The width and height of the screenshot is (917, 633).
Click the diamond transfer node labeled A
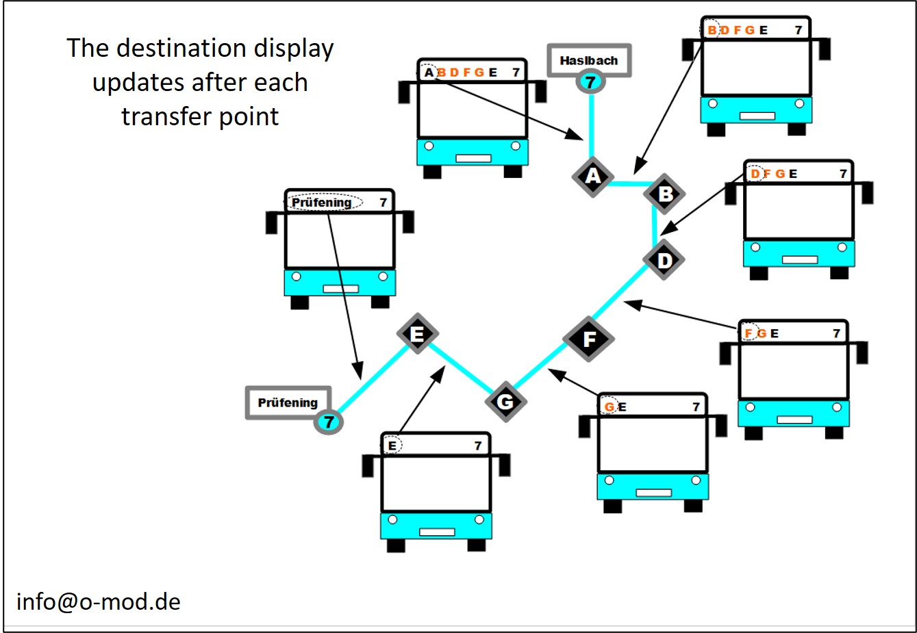593,177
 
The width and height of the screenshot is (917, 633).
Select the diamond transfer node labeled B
664,194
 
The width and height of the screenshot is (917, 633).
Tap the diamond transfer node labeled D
664,260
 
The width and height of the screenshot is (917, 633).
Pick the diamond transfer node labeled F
589,339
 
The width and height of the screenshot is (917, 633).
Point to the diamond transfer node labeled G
505,401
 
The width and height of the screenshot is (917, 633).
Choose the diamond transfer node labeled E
417,334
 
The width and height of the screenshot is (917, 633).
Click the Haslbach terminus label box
588,60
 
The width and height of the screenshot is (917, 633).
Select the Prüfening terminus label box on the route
288,402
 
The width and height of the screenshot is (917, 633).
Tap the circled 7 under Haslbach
590,82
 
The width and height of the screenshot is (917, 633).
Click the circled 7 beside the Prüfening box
329,422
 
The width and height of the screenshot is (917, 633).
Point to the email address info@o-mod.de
99,602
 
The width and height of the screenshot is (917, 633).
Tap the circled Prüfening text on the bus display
322,203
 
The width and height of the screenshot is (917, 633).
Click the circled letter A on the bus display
429,72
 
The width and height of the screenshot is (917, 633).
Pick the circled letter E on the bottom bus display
392,445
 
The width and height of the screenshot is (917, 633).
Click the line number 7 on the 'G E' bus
696,407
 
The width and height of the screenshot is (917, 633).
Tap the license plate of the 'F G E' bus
794,419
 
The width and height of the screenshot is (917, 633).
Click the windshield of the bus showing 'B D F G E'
755,67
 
